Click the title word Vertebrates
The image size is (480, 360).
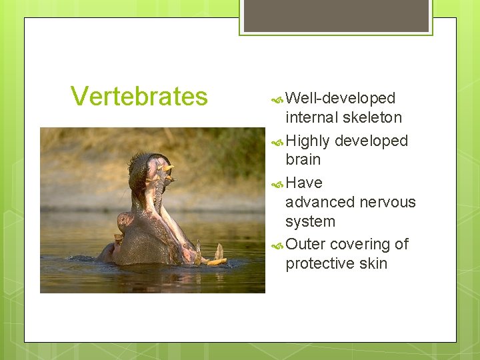pos(139,97)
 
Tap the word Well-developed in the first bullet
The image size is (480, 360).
pos(340,99)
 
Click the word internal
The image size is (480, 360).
pos(312,118)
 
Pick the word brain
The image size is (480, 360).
pos(303,160)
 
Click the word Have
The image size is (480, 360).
pos(303,183)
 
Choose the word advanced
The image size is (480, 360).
pos(320,202)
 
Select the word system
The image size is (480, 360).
pos(310,221)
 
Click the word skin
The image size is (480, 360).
pos(373,264)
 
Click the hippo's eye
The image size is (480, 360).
pos(123,219)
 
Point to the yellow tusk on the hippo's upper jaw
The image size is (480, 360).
pos(166,167)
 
